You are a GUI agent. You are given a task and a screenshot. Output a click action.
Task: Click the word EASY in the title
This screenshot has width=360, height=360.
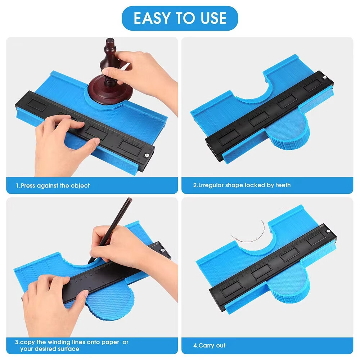pos(153,18)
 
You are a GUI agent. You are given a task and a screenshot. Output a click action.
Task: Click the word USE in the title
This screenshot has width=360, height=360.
pos(213,18)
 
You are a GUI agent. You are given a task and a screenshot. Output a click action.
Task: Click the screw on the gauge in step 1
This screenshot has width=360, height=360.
pos(146,155)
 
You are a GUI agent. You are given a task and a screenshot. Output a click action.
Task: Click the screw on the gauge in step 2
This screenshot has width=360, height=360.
pos(325,78)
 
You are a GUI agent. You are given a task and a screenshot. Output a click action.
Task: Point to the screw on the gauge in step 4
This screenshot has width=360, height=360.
pos(328,231)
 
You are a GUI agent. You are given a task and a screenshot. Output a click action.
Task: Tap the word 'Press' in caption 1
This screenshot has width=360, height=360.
pos(28,185)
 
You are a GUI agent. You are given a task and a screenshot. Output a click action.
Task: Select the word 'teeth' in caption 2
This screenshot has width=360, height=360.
pos(283,185)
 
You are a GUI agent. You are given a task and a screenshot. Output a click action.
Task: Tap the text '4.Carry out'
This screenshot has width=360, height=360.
pos(209,346)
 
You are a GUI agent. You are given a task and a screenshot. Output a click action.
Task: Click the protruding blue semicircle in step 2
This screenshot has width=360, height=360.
pos(288,132)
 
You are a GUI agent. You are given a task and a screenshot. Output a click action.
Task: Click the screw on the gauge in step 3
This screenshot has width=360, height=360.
pos(163,250)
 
